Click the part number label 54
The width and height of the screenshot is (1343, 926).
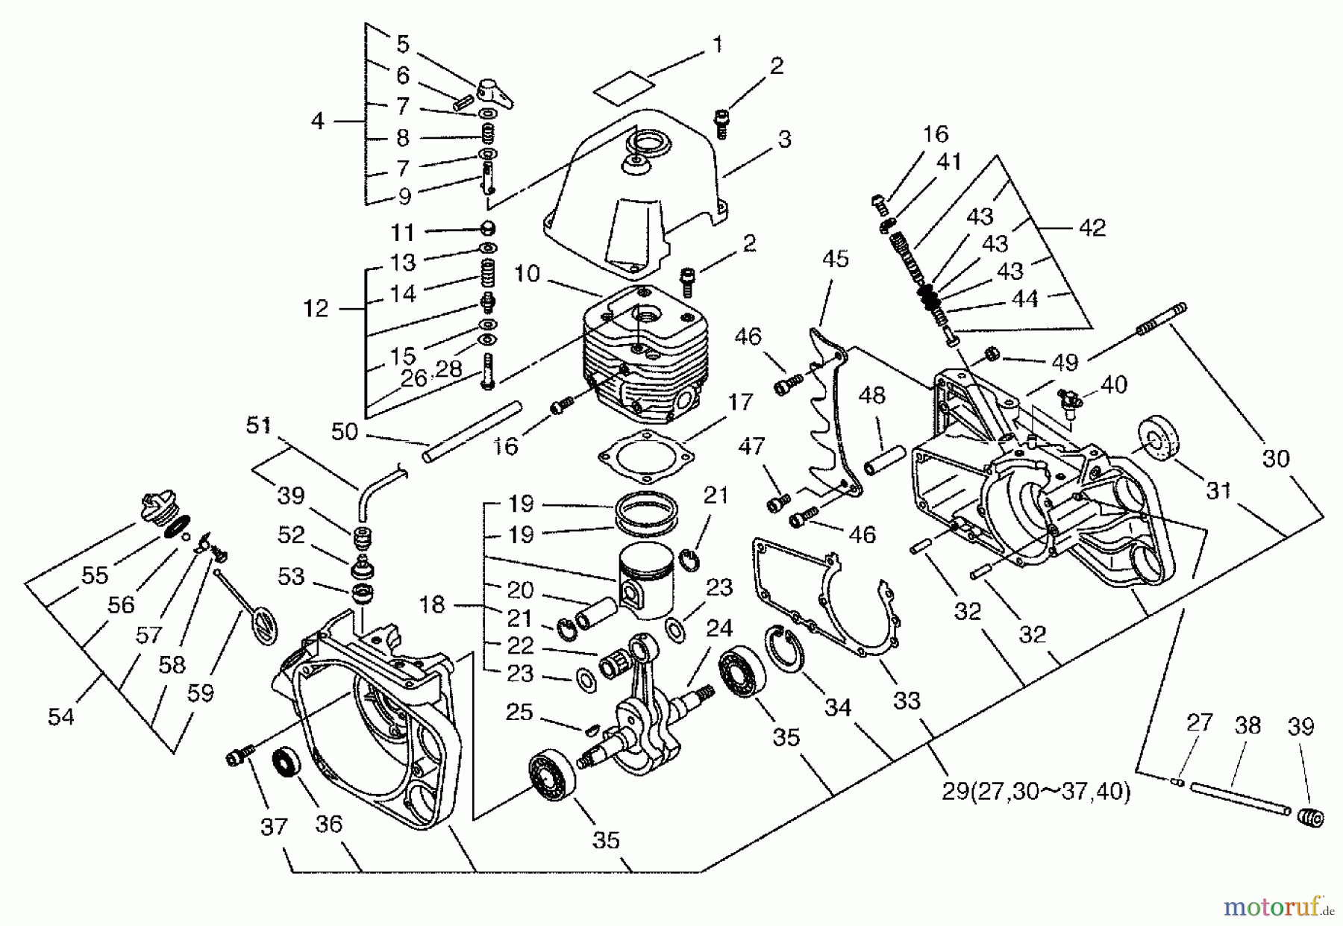pos(61,716)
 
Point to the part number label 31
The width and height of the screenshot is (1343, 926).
pos(1218,490)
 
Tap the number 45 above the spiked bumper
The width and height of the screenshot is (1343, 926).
pos(836,259)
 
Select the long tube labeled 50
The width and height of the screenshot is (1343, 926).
pos(472,431)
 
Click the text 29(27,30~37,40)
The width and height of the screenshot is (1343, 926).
pos(1036,791)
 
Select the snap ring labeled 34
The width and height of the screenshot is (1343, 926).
pos(783,649)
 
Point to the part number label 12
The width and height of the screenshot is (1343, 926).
pos(316,308)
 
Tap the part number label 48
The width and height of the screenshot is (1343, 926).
pos(871,395)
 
